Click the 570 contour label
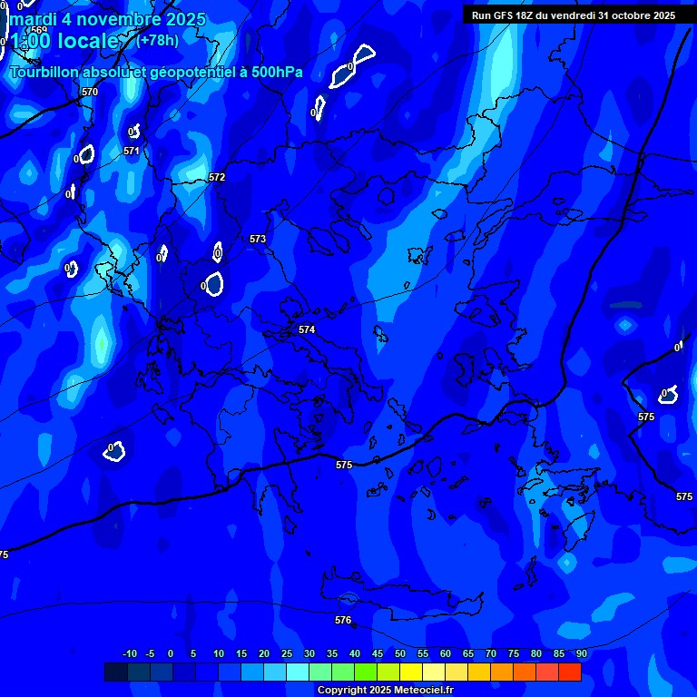click(89, 93)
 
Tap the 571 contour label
click(132, 152)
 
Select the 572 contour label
click(217, 177)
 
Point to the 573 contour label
click(258, 239)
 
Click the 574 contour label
click(307, 329)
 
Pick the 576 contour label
click(343, 620)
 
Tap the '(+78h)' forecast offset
click(157, 40)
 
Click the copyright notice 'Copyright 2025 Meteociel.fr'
click(385, 690)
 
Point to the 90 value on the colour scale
click(581, 653)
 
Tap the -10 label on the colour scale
click(129, 653)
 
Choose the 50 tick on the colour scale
click(400, 653)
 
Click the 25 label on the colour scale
click(287, 653)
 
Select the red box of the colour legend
click(570, 672)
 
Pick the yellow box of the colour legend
click(411, 672)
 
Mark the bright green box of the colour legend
click(366, 672)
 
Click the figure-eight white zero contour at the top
click(353, 66)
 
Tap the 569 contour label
click(38, 30)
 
